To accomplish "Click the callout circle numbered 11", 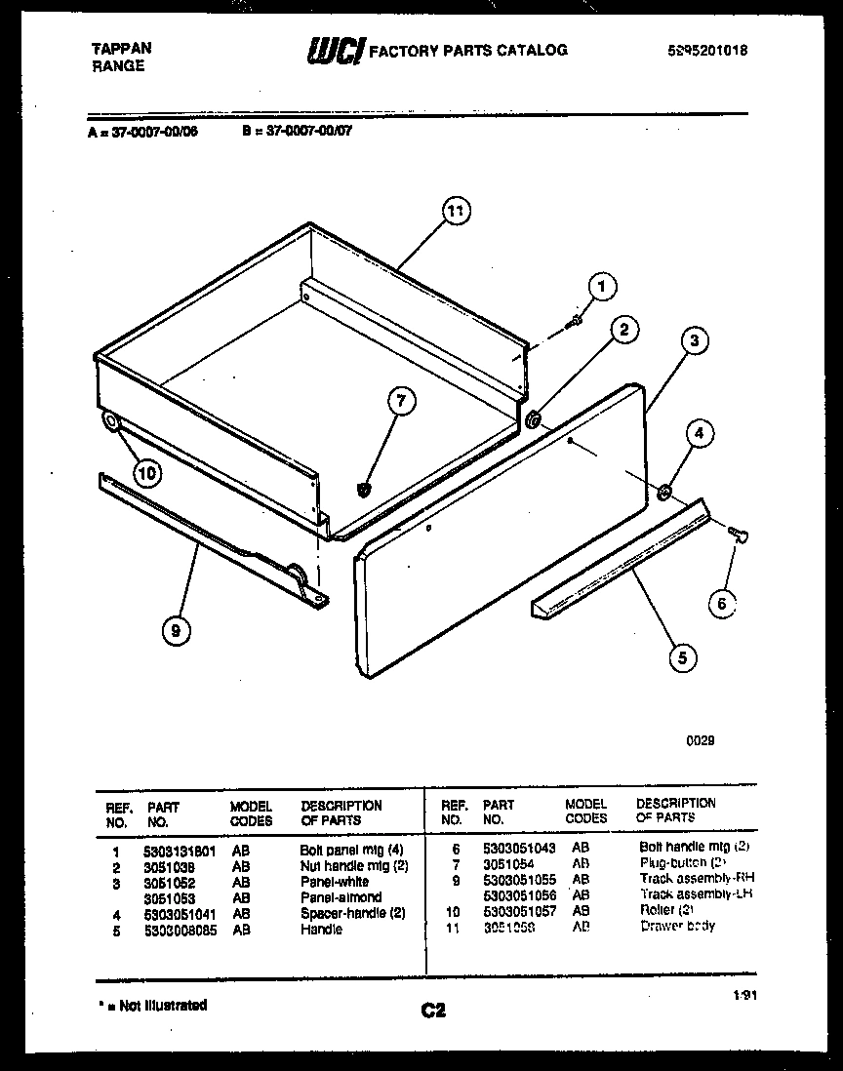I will [456, 210].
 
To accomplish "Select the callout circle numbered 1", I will [602, 286].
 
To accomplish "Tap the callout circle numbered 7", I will [399, 398].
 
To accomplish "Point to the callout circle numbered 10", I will [146, 474].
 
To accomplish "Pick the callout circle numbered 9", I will [176, 631].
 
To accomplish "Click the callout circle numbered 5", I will [681, 657].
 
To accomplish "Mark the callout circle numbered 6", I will [721, 604].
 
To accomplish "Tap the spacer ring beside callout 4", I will [663, 491].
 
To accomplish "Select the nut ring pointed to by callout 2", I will [534, 419].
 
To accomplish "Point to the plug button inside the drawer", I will [366, 488].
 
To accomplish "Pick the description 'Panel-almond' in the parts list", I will [341, 897].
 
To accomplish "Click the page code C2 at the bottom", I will [433, 1011].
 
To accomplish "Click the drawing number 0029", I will [700, 740].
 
